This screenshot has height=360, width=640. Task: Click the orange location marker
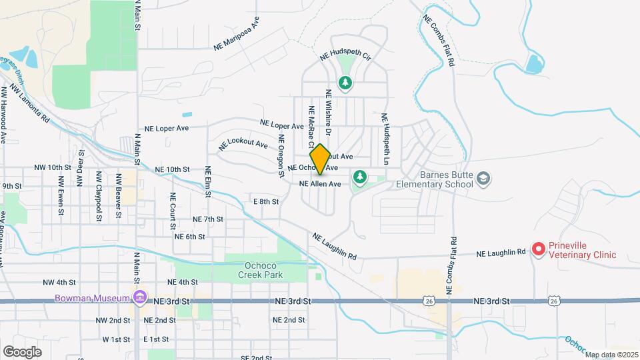click(320, 159)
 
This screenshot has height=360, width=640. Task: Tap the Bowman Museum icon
click(139, 296)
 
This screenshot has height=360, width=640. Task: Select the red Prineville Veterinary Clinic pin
click(538, 249)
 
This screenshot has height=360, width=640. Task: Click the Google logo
click(22, 351)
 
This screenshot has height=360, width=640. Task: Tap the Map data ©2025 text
click(611, 354)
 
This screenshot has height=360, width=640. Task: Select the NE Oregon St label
click(281, 155)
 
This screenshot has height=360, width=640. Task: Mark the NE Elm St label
click(208, 181)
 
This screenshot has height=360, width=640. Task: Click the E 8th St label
click(265, 201)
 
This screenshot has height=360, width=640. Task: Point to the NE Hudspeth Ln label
click(385, 139)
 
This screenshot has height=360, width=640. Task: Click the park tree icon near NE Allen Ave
click(360, 177)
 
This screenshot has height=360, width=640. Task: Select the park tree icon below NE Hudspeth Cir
click(345, 83)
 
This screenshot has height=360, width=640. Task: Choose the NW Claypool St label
click(99, 194)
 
